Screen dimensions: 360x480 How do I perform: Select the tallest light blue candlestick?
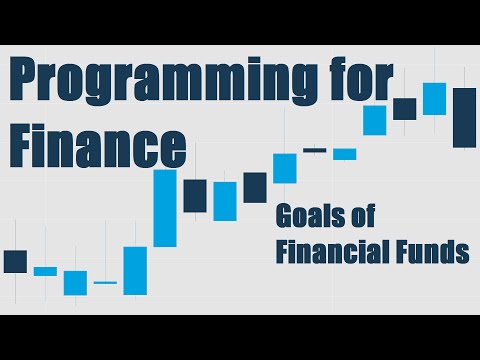(165, 207)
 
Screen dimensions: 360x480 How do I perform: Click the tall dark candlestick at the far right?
(464, 117)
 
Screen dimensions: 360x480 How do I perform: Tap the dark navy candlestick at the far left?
(15, 261)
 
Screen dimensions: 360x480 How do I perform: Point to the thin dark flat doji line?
(315, 150)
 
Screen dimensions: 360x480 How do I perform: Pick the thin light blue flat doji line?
(105, 283)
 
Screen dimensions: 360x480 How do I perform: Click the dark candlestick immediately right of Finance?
(195, 195)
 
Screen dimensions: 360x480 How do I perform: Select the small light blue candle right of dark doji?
(345, 154)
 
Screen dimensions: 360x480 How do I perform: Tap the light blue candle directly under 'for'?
(375, 120)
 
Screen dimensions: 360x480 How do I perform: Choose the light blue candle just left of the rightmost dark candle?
(434, 98)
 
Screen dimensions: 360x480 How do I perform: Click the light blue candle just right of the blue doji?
(135, 270)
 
